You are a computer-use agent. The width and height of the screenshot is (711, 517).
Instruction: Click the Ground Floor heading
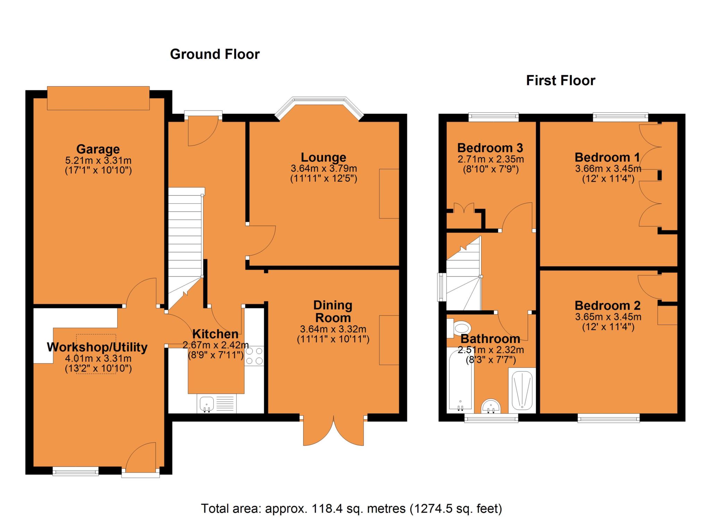pyautogui.click(x=215, y=54)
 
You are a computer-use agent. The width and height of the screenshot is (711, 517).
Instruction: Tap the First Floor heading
pyautogui.click(x=560, y=81)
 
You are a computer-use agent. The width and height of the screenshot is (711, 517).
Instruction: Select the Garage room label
pyautogui.click(x=98, y=149)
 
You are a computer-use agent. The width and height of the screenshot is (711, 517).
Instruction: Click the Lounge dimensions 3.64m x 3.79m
pyautogui.click(x=324, y=169)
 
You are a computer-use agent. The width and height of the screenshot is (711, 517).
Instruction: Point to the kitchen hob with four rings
pyautogui.click(x=254, y=356)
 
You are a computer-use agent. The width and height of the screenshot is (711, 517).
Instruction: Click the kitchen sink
pyautogui.click(x=207, y=403)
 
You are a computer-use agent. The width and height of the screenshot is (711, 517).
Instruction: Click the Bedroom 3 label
pyautogui.click(x=490, y=148)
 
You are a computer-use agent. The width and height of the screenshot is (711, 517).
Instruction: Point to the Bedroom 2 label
pyautogui.click(x=607, y=306)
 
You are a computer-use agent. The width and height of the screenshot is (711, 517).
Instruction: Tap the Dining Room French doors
pyautogui.click(x=333, y=431)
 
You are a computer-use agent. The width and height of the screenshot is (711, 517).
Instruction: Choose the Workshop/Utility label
pyautogui.click(x=97, y=347)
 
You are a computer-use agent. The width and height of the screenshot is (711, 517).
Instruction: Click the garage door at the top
pyautogui.click(x=98, y=98)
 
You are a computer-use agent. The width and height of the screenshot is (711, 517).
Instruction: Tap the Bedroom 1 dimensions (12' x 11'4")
pyautogui.click(x=608, y=179)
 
